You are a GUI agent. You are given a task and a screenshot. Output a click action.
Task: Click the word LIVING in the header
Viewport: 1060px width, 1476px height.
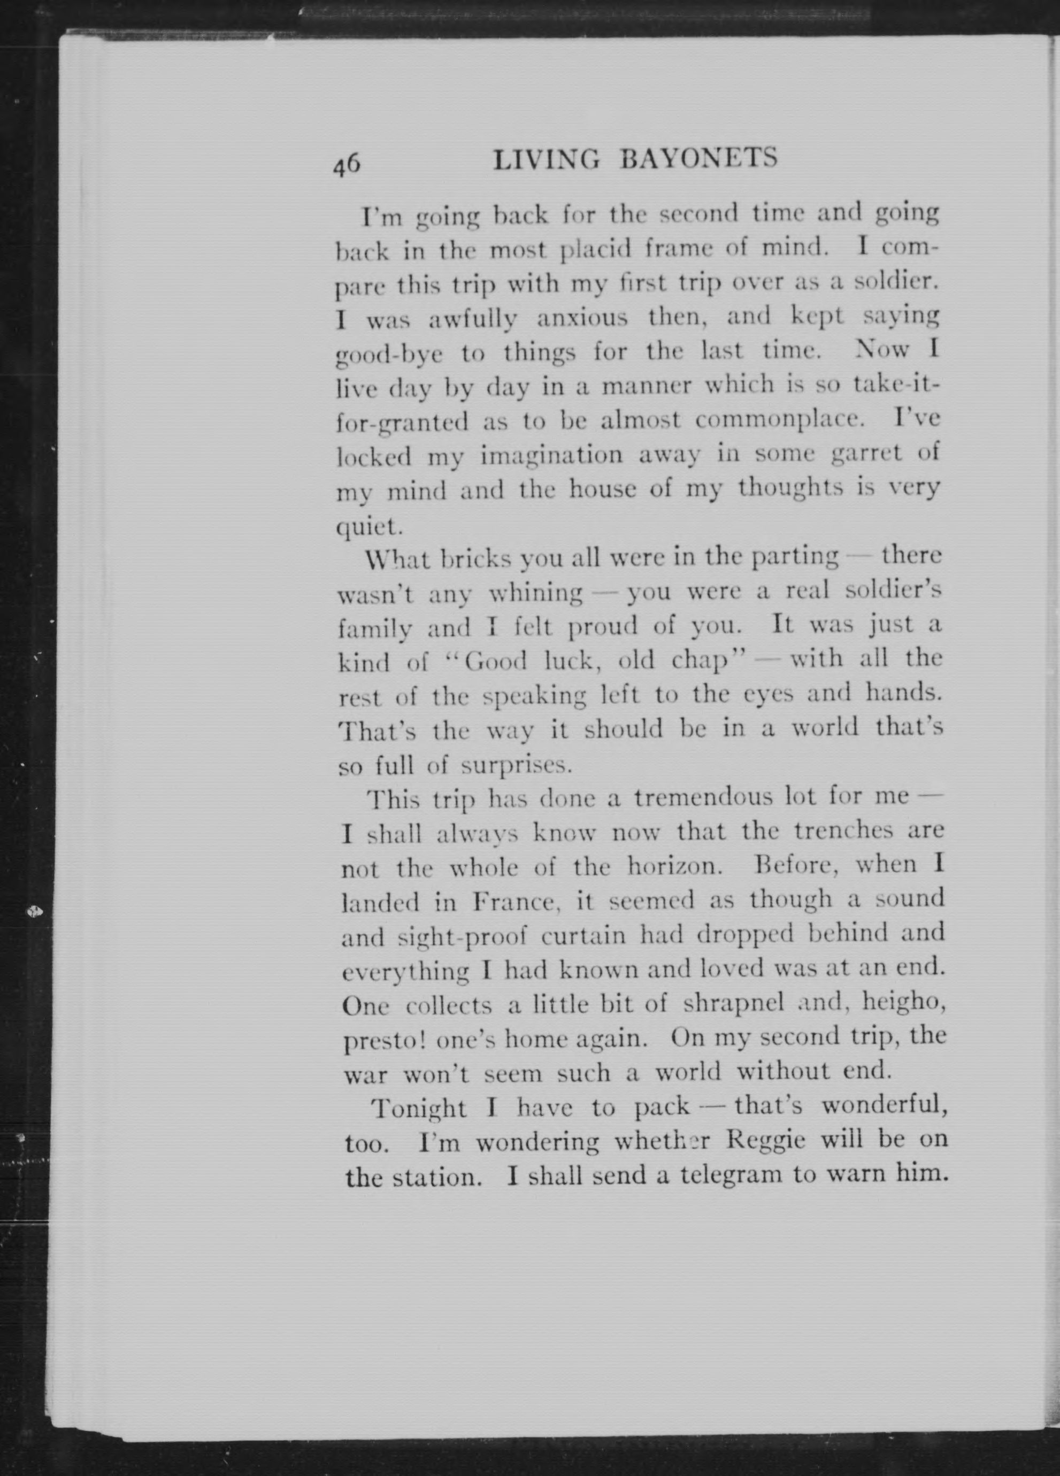(x=546, y=159)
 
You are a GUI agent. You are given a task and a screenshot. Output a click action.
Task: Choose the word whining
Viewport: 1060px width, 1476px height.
(x=535, y=593)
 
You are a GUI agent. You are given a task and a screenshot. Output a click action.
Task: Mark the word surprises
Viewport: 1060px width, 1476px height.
(x=516, y=765)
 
